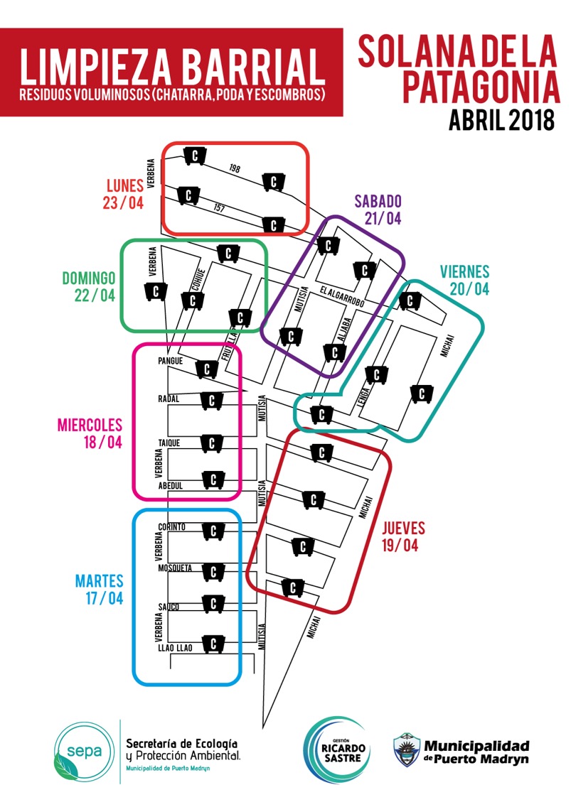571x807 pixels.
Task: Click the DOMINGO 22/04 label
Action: point(88,286)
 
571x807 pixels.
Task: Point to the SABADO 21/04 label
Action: point(378,210)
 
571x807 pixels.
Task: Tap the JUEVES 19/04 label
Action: point(403,536)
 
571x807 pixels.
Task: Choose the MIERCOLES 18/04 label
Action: point(90,433)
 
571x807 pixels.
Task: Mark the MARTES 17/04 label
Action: point(99,589)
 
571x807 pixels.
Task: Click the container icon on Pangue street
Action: point(207,369)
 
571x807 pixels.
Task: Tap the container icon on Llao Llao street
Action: point(212,644)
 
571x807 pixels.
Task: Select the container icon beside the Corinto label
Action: point(212,530)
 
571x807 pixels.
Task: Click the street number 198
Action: point(235,168)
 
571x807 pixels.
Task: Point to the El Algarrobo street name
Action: point(342,297)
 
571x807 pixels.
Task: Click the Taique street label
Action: point(169,443)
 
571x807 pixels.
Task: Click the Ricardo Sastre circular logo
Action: point(337,750)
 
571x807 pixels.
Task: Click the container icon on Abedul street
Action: point(212,480)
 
